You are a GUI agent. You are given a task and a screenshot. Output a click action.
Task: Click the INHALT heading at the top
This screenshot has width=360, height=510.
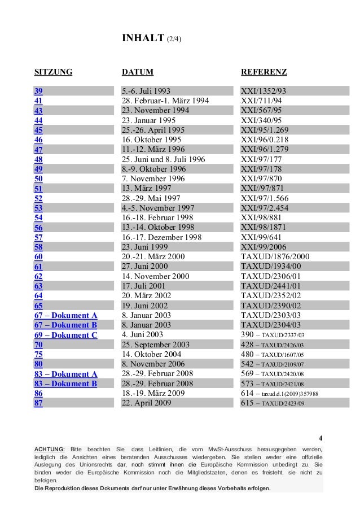coord(143,38)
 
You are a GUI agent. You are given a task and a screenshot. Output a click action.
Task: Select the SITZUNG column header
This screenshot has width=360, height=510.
coord(53,72)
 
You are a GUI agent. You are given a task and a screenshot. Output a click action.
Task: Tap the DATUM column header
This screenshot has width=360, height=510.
coord(138,72)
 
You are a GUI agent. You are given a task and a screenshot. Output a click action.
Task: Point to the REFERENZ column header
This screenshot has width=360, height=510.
coord(264,72)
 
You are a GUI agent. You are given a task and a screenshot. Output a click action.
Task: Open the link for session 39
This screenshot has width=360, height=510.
coord(39,91)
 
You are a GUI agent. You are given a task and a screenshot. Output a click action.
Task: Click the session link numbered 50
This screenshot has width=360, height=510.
coord(39,179)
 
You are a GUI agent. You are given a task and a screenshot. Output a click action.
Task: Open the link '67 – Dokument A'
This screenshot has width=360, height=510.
coord(65,315)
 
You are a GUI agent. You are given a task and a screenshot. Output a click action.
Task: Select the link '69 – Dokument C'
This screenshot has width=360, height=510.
coord(65,335)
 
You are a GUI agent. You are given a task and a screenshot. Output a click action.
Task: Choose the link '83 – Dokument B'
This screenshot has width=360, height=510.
coord(65,384)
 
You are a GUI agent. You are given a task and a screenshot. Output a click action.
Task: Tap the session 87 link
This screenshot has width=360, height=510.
coord(39,403)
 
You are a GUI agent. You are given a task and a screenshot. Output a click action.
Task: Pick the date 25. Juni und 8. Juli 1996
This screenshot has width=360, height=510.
coord(163,160)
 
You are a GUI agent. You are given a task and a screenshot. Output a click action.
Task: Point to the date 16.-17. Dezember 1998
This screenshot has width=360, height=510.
coord(161,238)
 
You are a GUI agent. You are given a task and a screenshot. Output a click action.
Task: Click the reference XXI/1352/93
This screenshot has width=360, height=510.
coord(264,91)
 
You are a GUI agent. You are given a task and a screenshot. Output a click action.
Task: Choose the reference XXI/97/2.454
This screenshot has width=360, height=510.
coord(265,208)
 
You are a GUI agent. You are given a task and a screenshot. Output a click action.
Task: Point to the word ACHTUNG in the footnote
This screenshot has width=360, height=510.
coord(50,448)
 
